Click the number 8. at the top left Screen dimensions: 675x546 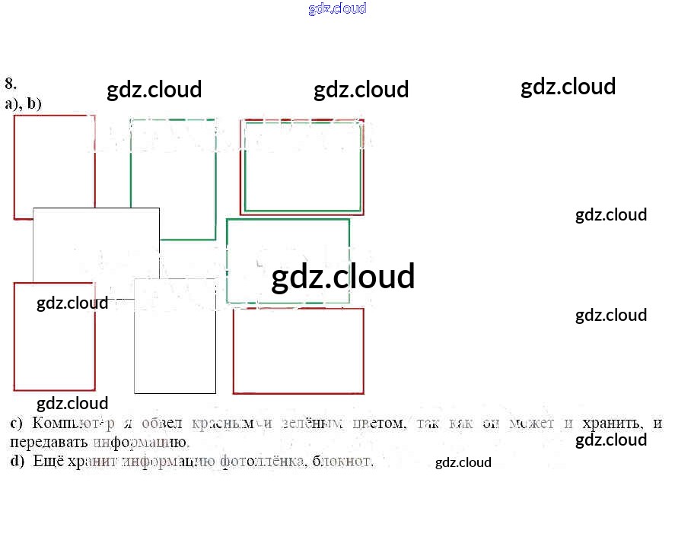(11, 84)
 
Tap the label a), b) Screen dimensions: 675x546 (24, 103)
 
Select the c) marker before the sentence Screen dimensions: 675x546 (17, 424)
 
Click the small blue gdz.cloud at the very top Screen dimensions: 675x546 (337, 8)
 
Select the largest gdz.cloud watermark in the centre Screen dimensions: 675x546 (342, 277)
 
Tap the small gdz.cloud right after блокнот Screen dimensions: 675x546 (463, 462)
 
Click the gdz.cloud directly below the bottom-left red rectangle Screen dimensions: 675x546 (72, 403)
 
